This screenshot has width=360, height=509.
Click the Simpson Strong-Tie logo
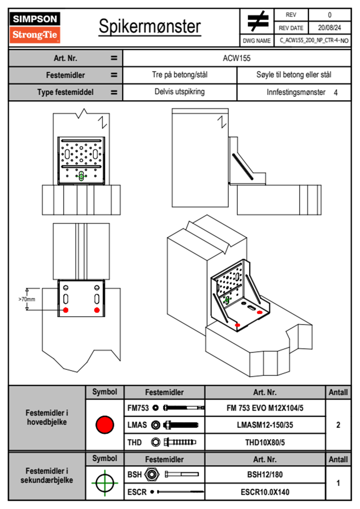coord(35,27)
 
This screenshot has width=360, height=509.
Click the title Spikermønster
coord(150,26)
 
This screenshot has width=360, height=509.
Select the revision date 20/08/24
coord(329,28)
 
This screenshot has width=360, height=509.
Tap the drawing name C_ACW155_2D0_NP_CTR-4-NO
coord(314,41)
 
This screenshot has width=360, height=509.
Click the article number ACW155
coord(237,58)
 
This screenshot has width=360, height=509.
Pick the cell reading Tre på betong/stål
coord(180,75)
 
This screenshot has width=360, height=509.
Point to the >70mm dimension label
coord(27,299)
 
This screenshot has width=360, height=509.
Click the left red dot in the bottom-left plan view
coord(66,310)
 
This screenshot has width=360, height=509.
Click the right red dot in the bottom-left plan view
coord(97,310)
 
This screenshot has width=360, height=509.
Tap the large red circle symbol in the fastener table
coord(105,425)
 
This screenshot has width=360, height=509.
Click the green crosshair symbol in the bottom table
coord(105,483)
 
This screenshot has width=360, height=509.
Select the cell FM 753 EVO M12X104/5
coord(265,408)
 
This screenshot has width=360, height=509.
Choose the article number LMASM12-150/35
coord(265,425)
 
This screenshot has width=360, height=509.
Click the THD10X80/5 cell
coord(265,442)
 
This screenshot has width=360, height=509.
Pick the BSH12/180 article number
coord(265,475)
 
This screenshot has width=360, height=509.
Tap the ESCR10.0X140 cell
coord(265,492)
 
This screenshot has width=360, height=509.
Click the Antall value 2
coord(338,425)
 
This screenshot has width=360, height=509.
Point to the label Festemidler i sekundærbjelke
coord(47,475)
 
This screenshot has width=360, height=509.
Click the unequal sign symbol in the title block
coord(258,21)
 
